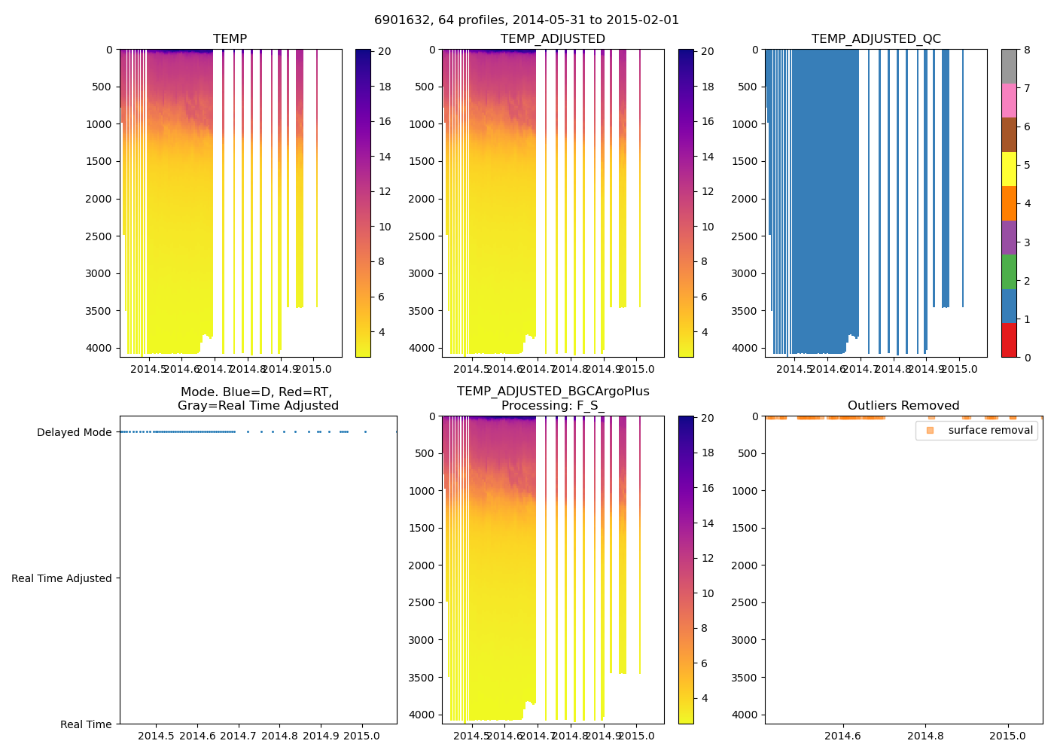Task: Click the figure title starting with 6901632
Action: tap(526, 20)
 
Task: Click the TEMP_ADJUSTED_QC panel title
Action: tap(876, 39)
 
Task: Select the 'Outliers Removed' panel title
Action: tap(903, 406)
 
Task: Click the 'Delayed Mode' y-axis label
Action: tap(74, 432)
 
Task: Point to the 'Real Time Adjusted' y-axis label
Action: tap(61, 578)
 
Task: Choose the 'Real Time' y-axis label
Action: tap(86, 724)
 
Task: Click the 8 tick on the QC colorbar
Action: tap(1027, 50)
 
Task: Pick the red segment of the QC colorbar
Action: tap(1009, 340)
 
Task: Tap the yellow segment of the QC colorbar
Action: tap(1009, 169)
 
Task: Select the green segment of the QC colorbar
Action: tap(1009, 272)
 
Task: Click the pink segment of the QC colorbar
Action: tap(1009, 100)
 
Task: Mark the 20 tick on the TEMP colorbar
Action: tap(385, 51)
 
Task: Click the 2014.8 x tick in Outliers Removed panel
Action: tap(925, 736)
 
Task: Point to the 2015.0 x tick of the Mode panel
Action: tap(362, 736)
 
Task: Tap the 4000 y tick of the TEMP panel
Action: tap(99, 348)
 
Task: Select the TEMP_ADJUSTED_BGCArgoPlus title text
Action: tap(553, 392)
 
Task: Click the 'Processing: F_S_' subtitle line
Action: tap(553, 406)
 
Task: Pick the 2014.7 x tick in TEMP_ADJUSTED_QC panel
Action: tap(861, 369)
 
